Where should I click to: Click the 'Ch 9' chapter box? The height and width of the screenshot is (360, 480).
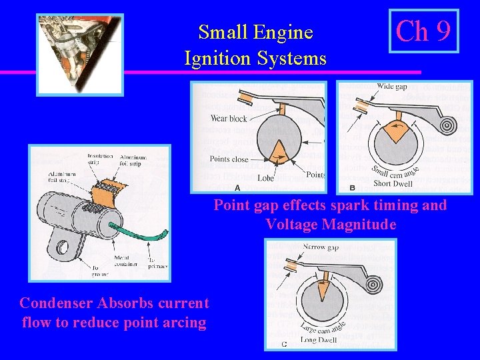point(424,31)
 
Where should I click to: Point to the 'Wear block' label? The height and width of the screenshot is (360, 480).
point(229,119)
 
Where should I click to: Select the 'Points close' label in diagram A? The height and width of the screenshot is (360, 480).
point(229,159)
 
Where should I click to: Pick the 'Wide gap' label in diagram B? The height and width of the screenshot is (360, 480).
point(391,87)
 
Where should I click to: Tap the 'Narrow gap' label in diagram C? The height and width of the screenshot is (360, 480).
point(321,247)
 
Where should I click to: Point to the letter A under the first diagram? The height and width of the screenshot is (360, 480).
point(237,187)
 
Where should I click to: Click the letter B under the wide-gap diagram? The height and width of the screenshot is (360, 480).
point(352,187)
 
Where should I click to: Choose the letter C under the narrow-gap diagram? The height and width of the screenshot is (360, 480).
point(284,344)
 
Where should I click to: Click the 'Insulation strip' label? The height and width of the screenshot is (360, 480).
point(100,160)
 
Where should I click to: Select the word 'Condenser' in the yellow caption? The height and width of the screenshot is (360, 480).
point(56,303)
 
